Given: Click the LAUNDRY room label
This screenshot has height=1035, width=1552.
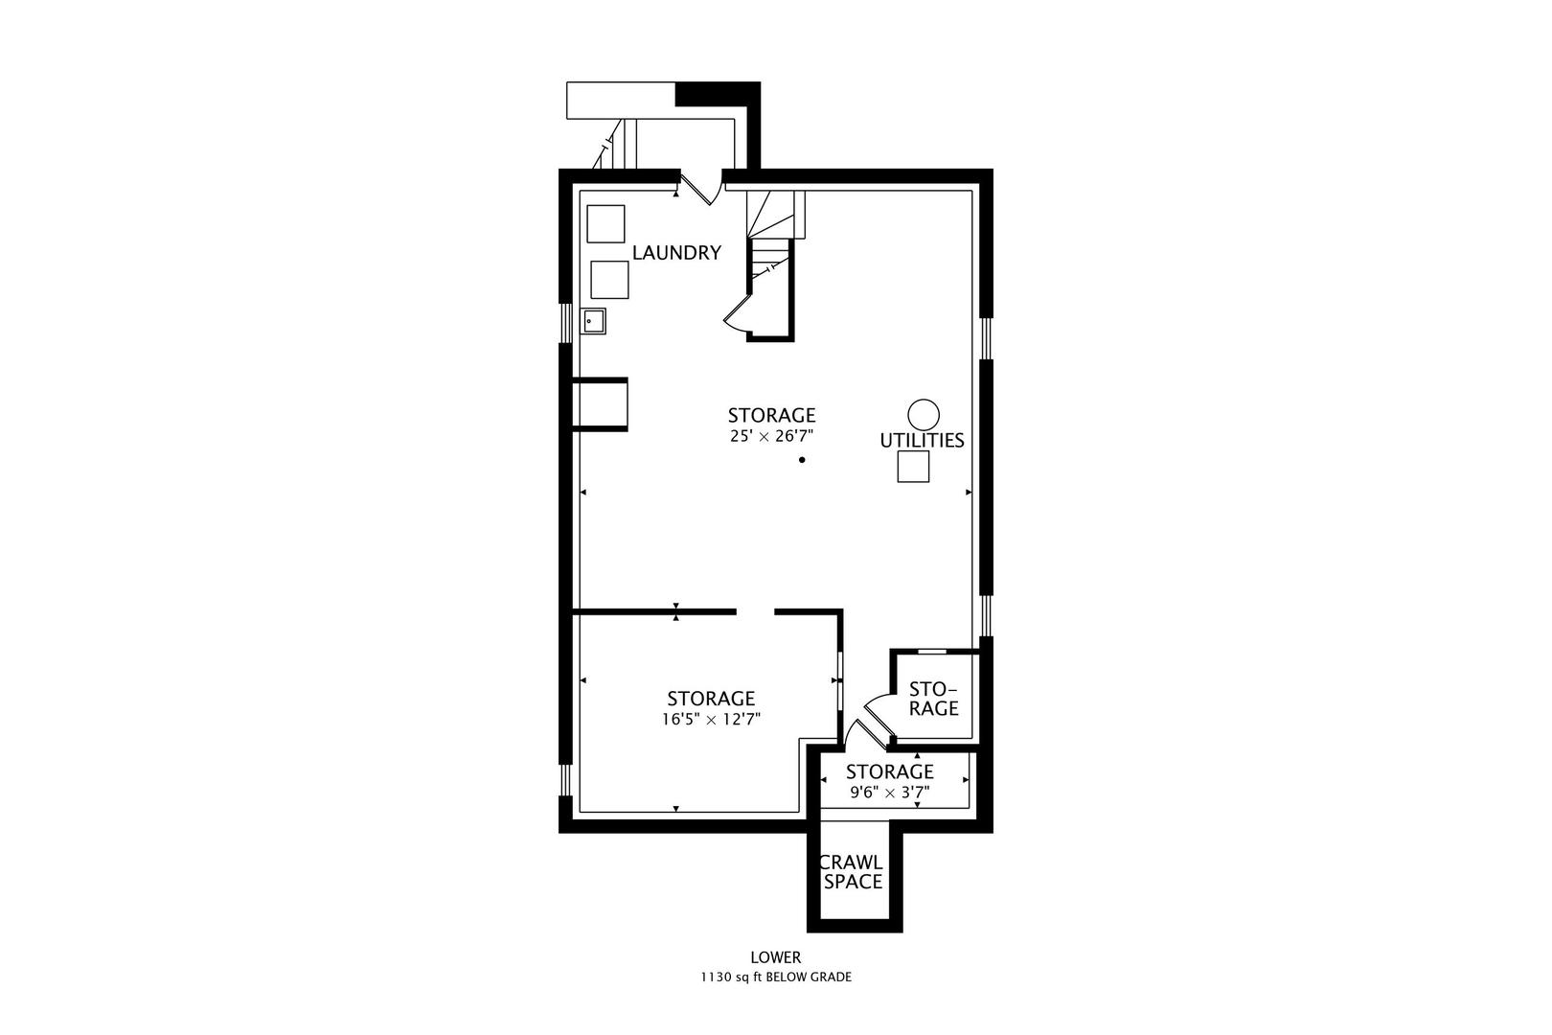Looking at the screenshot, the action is tap(676, 253).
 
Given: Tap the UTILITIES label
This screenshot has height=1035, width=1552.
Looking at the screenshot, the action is tap(922, 441).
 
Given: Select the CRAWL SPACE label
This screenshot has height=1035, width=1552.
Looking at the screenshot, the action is tap(853, 872).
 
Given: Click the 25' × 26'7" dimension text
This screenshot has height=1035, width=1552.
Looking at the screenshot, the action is tap(771, 436).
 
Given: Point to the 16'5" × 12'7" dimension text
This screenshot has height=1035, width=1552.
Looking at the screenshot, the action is tap(711, 720).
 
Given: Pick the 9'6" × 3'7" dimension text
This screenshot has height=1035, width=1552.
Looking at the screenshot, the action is tap(890, 792).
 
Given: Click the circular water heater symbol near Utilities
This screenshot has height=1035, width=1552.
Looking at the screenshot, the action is tap(924, 415).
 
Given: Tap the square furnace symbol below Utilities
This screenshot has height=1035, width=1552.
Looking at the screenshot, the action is tap(913, 467).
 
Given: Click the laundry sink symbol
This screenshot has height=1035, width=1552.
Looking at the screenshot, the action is tap(593, 321).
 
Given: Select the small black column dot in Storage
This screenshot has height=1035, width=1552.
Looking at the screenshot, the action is tap(802, 460).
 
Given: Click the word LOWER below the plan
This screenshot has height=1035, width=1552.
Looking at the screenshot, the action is tap(776, 957).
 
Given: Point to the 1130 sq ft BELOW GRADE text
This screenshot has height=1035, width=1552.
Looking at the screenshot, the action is tap(776, 977).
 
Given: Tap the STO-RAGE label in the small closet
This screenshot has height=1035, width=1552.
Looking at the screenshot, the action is tap(932, 699).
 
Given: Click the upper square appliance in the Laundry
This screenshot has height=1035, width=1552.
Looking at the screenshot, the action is tap(605, 224).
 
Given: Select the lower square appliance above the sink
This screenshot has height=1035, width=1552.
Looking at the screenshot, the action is tap(609, 280).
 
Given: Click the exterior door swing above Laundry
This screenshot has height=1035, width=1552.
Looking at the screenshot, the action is tap(698, 188).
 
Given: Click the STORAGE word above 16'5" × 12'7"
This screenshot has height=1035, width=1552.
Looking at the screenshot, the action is tap(711, 698).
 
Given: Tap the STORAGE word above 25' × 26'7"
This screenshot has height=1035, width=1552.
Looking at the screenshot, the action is tap(771, 415).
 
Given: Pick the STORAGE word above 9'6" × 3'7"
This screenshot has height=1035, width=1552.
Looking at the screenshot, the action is tap(890, 771).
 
